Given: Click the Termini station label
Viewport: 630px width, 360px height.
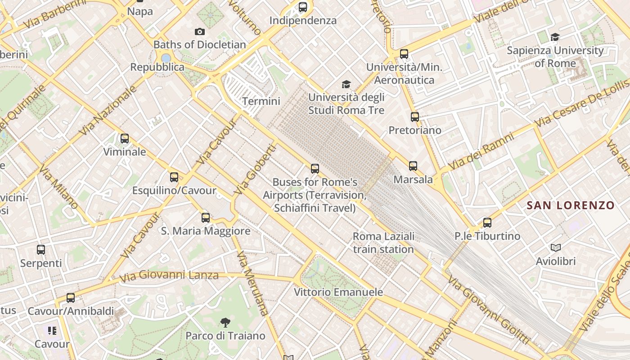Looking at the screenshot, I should pos(261,101).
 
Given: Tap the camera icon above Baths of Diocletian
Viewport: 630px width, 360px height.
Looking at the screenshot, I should pos(200,31).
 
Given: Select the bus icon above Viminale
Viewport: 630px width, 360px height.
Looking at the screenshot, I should pos(125,139).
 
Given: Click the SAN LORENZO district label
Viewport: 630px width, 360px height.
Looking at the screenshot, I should pos(571,206).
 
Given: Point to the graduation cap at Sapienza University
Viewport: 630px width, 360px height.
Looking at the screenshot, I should pos(555,37).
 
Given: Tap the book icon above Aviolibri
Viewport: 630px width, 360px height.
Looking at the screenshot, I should pos(556,247).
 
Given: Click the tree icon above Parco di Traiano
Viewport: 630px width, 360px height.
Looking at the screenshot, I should pos(225,322).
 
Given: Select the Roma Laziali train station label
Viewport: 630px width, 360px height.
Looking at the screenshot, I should pos(383,243).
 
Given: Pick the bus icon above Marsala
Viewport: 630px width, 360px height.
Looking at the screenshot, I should pos(413,166).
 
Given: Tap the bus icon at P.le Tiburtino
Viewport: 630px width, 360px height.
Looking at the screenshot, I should pos(487,222).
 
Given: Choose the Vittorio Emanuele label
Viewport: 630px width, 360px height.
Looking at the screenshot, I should pos(338,292).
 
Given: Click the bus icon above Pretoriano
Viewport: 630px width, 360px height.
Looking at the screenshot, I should pos(415,117).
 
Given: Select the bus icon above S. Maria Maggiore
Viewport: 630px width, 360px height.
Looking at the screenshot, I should pos(206,218).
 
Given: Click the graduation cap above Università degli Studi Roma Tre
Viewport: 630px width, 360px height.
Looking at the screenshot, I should pos(346,84).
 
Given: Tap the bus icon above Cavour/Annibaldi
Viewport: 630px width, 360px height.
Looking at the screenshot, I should pos(71,297).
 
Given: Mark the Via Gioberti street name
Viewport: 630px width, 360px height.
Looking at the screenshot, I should pos(255,169).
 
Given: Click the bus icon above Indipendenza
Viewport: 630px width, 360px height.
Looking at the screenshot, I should pos(303,7).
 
